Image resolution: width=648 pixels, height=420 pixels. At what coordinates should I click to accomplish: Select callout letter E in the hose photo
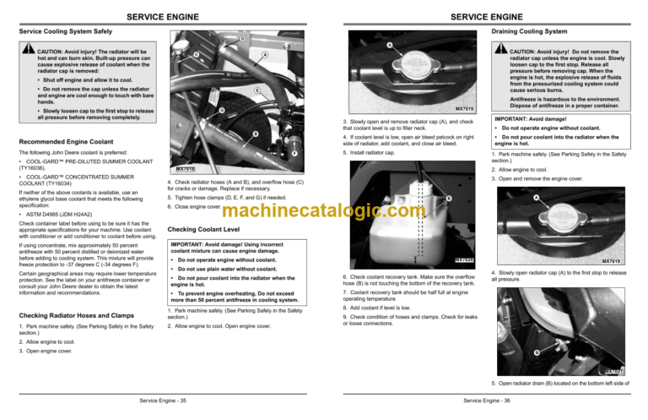[x=256, y=90]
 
